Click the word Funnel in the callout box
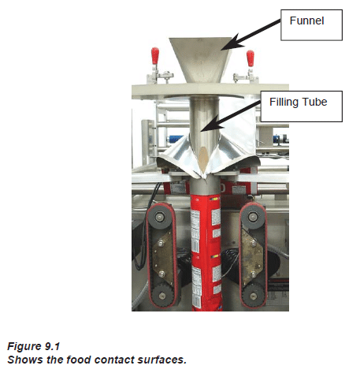coord(306,21)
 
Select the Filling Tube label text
coord(299,102)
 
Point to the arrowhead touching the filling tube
coord(210,125)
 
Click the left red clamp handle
coord(155,55)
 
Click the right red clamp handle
coord(250,58)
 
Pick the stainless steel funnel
coord(200,60)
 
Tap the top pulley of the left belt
coord(160,217)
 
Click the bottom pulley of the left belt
coord(163,296)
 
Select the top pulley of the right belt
coord(253,217)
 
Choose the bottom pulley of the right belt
coord(254,296)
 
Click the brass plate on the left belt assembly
coord(163,257)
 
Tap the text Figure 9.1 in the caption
coord(34,346)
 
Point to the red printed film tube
coord(206,252)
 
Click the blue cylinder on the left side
coord(176,139)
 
